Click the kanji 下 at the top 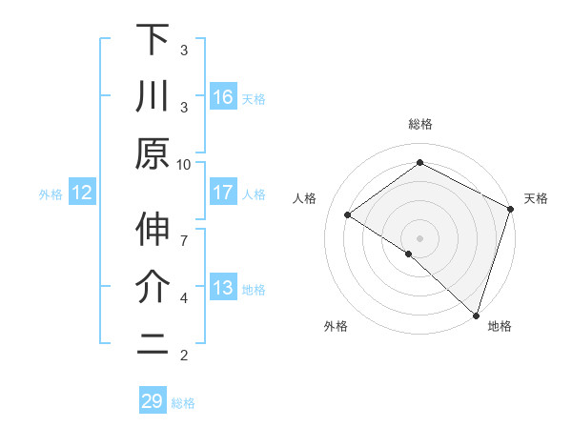click(x=153, y=40)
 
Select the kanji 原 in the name click(x=153, y=153)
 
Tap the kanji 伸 click(x=153, y=232)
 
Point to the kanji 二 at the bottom click(x=153, y=344)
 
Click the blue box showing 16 click(x=223, y=97)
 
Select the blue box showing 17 click(x=223, y=193)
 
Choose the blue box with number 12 click(x=82, y=193)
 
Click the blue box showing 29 click(x=153, y=401)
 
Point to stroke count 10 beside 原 click(x=184, y=164)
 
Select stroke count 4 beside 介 click(x=184, y=298)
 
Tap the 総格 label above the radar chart click(x=419, y=124)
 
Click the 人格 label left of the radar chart click(x=305, y=198)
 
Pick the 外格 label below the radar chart click(x=336, y=326)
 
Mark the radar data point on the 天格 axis click(x=510, y=210)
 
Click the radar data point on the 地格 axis click(x=476, y=314)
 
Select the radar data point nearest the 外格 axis click(x=409, y=254)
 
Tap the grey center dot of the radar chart click(x=419, y=237)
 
